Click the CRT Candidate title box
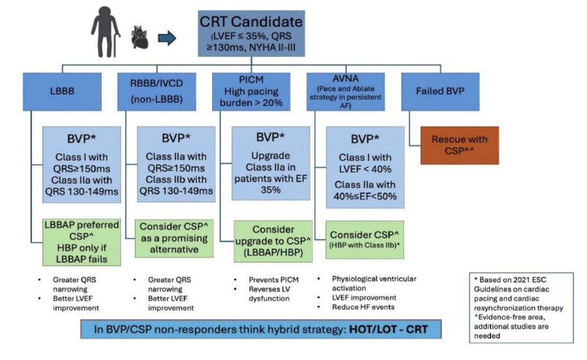pyautogui.click(x=251, y=34)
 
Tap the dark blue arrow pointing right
pyautogui.click(x=167, y=38)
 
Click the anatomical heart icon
pyautogui.click(x=140, y=37)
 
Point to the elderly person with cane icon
pyautogui.click(x=106, y=32)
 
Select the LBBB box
pyautogui.click(x=62, y=92)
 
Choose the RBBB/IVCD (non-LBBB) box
pyautogui.click(x=157, y=92)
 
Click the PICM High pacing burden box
pyautogui.click(x=251, y=92)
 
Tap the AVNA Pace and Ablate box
pyautogui.click(x=346, y=92)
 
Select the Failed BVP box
pyautogui.click(x=440, y=92)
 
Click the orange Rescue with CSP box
pyautogui.click(x=460, y=145)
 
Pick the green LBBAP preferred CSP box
pyautogui.click(x=82, y=242)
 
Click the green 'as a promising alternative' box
pyautogui.click(x=174, y=238)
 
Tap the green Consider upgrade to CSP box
pyautogui.click(x=273, y=241)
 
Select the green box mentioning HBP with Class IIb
pyautogui.click(x=365, y=240)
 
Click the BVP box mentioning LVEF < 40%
pyautogui.click(x=365, y=167)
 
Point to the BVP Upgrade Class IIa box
pyautogui.click(x=271, y=163)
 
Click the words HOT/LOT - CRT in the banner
pyautogui.click(x=388, y=329)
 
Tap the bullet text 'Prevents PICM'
pyautogui.click(x=274, y=280)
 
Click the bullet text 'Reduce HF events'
pyautogui.click(x=363, y=307)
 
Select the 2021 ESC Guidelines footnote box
pyautogui.click(x=521, y=308)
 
